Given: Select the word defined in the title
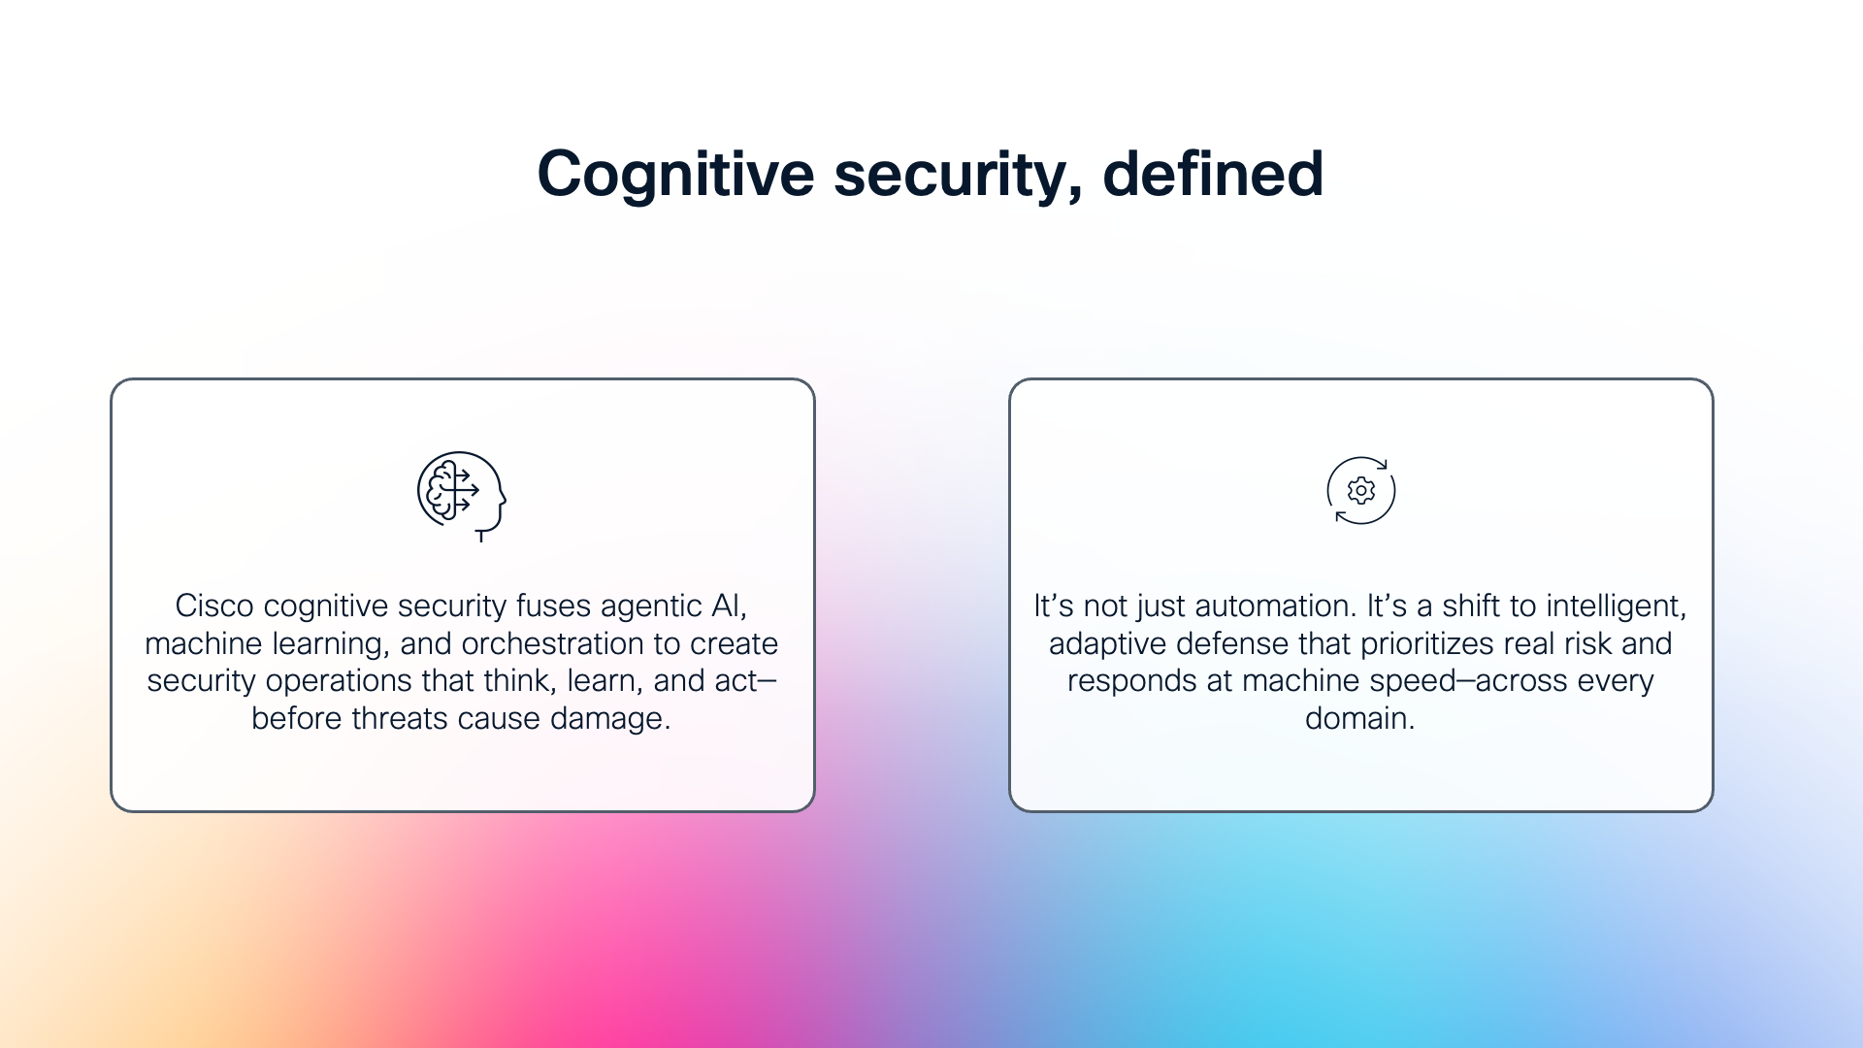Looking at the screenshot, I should click(1213, 175).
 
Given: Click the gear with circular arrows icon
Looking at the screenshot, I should click(1360, 491).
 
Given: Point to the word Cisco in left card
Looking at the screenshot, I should click(215, 606).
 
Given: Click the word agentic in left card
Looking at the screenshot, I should click(651, 606).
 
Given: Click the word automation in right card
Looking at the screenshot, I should click(1274, 606).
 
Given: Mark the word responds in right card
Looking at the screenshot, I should click(1131, 681).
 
